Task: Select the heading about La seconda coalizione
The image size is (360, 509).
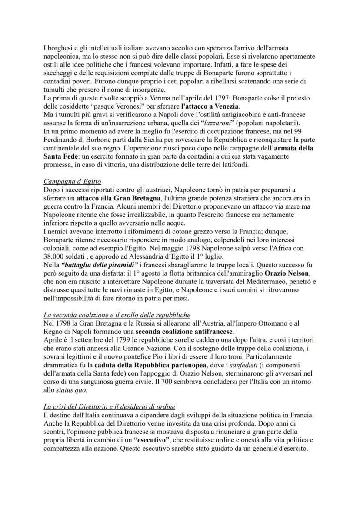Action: click(x=117, y=315)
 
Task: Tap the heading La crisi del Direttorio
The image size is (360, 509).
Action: click(x=109, y=407)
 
